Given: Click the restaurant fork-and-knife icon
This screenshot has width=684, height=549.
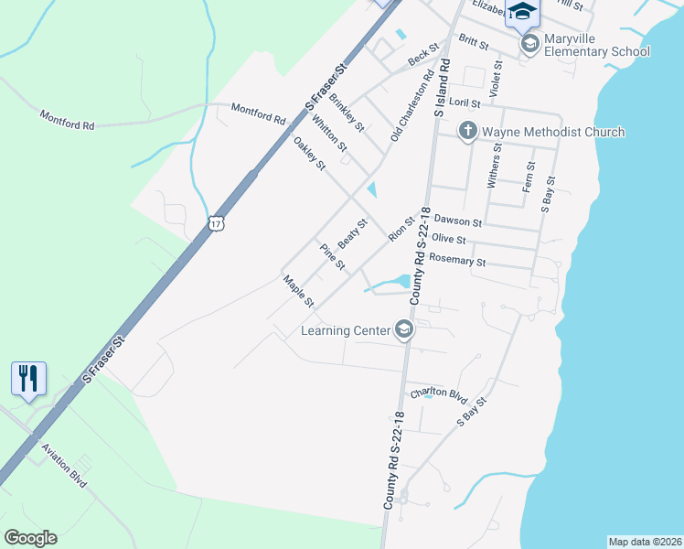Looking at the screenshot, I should (28, 377).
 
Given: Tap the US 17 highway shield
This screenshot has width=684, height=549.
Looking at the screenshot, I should (216, 222).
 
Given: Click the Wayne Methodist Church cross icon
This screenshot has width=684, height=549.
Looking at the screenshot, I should (467, 131).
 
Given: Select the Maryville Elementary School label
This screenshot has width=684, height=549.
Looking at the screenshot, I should (596, 45).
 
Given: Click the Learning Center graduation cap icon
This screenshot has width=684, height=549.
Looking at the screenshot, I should (404, 329).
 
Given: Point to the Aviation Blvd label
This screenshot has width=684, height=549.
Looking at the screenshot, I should (64, 465).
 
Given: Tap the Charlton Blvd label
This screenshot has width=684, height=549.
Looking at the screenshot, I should (438, 393).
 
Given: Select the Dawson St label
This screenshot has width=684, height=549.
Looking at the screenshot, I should (457, 221).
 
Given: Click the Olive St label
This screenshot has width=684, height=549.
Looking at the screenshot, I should (449, 240).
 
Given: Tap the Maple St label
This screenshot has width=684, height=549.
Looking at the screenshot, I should (298, 291).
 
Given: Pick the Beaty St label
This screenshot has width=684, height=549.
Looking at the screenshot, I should (352, 232).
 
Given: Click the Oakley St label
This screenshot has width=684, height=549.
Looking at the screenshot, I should (309, 153).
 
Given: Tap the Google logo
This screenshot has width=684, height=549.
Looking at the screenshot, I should (30, 538).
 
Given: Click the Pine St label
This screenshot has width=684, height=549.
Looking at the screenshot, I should (331, 257).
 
